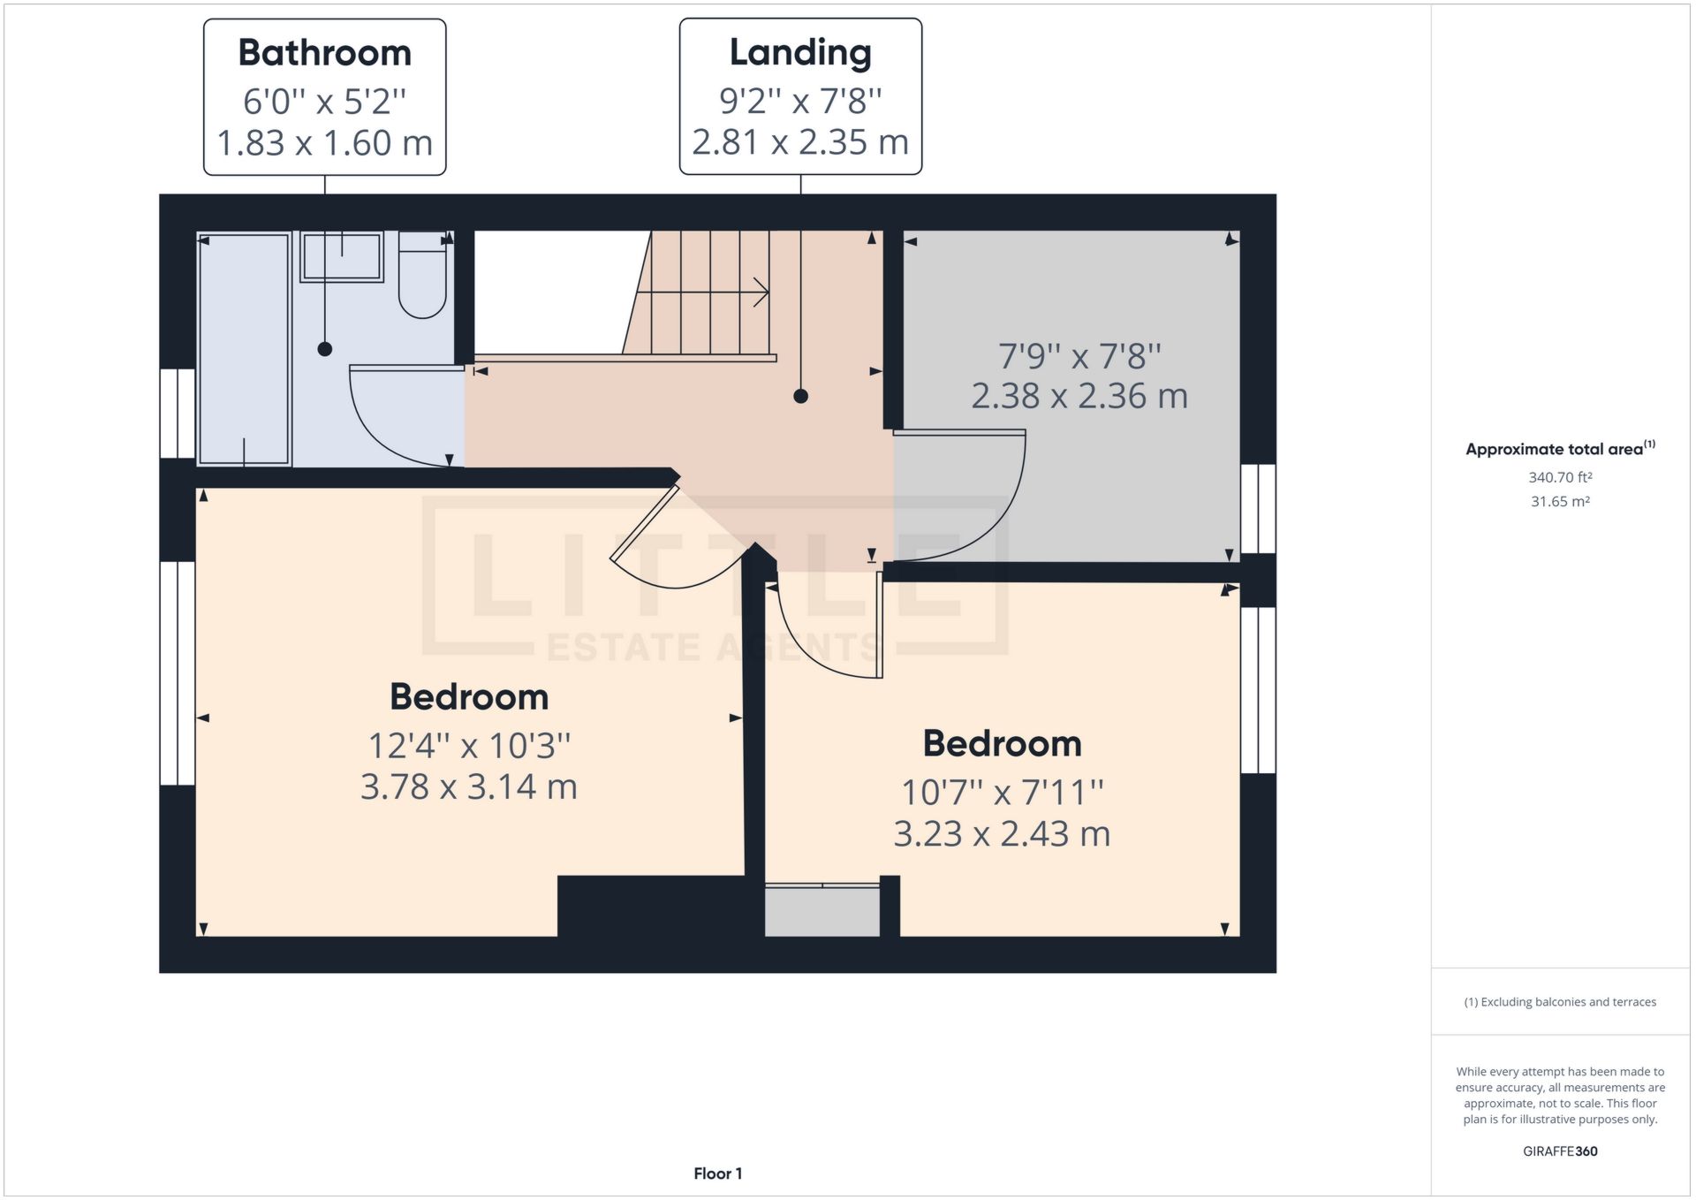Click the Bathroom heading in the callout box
[324, 53]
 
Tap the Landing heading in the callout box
[800, 52]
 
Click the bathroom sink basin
[342, 257]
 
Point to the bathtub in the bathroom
[244, 349]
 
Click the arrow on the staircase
[759, 292]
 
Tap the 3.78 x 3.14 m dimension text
[468, 786]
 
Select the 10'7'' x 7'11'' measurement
[1002, 792]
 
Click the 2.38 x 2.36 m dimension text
[1079, 396]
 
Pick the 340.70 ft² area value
[1560, 477]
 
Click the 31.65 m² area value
[1560, 501]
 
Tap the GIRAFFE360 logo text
[1560, 1151]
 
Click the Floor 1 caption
[717, 1173]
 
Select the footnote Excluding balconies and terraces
[1560, 1002]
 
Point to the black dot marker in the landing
[800, 396]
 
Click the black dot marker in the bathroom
[324, 349]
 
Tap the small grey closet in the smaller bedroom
[821, 910]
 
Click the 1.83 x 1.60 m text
[324, 143]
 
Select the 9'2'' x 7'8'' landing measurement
[800, 101]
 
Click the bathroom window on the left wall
[177, 413]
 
